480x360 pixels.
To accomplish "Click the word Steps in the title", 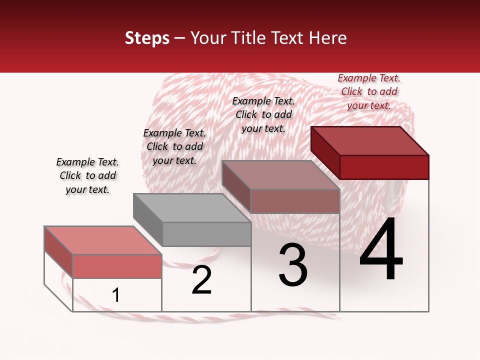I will pyautogui.click(x=147, y=38).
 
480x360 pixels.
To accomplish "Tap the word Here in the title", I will pyautogui.click(x=328, y=38).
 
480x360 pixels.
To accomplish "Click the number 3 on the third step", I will pyautogui.click(x=293, y=265).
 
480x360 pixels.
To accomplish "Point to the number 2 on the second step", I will pyautogui.click(x=201, y=280).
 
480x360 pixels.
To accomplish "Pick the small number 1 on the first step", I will pyautogui.click(x=116, y=295).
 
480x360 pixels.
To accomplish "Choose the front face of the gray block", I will pyautogui.click(x=207, y=234).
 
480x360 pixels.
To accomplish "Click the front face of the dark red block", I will pyautogui.click(x=384, y=167).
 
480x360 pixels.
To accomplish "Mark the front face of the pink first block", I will pyautogui.click(x=117, y=266).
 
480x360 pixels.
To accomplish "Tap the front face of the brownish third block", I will pyautogui.click(x=295, y=201).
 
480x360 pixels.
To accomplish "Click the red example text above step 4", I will pyautogui.click(x=369, y=91).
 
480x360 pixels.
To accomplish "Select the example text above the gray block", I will pyautogui.click(x=174, y=146).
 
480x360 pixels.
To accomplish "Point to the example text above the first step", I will pyautogui.click(x=87, y=175).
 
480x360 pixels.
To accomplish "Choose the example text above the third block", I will pyautogui.click(x=263, y=114).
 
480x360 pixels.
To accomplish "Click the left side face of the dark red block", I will pyautogui.click(x=325, y=152).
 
